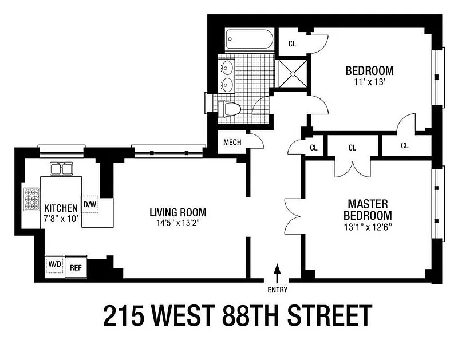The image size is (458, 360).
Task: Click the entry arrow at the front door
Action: pyautogui.click(x=277, y=273)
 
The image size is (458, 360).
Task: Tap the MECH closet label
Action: pyautogui.click(x=232, y=143)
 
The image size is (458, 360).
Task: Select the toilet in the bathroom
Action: pyautogui.click(x=230, y=109)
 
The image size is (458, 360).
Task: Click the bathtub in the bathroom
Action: pyautogui.click(x=250, y=39)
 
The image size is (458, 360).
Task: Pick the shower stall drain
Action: pyautogui.click(x=293, y=74)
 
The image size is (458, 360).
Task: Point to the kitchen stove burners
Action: pyautogui.click(x=31, y=199)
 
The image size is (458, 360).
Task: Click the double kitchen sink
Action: pyautogui.click(x=61, y=168)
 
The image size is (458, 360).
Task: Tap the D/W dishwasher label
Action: pyautogui.click(x=90, y=204)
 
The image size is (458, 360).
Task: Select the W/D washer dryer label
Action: pyautogui.click(x=55, y=264)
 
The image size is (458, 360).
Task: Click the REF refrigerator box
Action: pyautogui.click(x=76, y=267)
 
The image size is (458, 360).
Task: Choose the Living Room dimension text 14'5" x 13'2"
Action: pyautogui.click(x=177, y=223)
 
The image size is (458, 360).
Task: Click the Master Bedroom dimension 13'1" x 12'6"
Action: pyautogui.click(x=368, y=227)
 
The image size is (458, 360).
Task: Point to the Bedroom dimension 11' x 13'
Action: pyautogui.click(x=368, y=82)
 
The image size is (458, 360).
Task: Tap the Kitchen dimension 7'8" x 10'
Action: pyautogui.click(x=61, y=219)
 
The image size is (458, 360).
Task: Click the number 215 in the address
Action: pyautogui.click(x=124, y=315)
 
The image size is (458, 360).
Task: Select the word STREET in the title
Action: pyautogui.click(x=330, y=315)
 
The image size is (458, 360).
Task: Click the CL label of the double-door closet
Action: pyautogui.click(x=352, y=148)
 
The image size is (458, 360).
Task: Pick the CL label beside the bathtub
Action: pyautogui.click(x=292, y=44)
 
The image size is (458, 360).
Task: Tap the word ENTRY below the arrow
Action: pyautogui.click(x=278, y=290)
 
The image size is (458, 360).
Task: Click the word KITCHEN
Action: pyautogui.click(x=61, y=208)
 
